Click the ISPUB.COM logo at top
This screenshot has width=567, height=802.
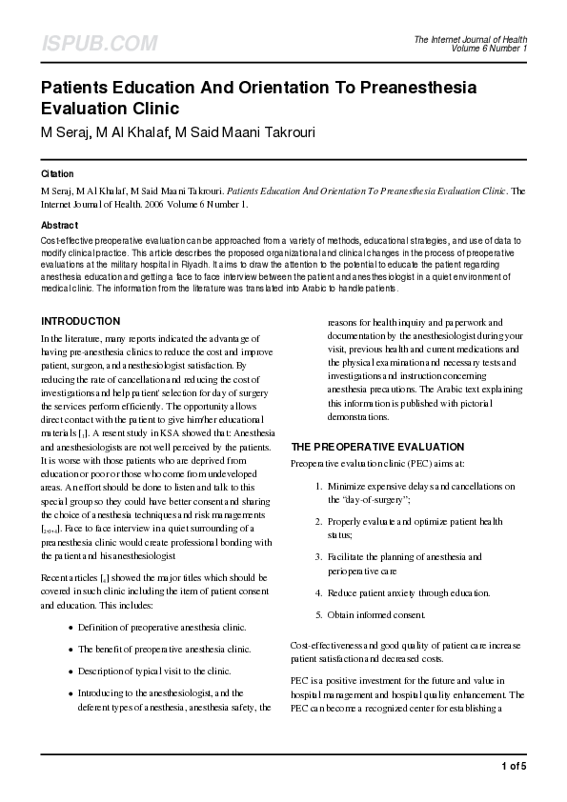[98, 44]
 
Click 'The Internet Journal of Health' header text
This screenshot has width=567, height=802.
[470, 39]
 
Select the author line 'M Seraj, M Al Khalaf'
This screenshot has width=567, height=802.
[104, 130]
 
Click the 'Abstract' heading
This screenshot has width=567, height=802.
[59, 225]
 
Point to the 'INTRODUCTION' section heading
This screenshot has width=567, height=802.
[80, 321]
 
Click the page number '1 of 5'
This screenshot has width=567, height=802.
[513, 766]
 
